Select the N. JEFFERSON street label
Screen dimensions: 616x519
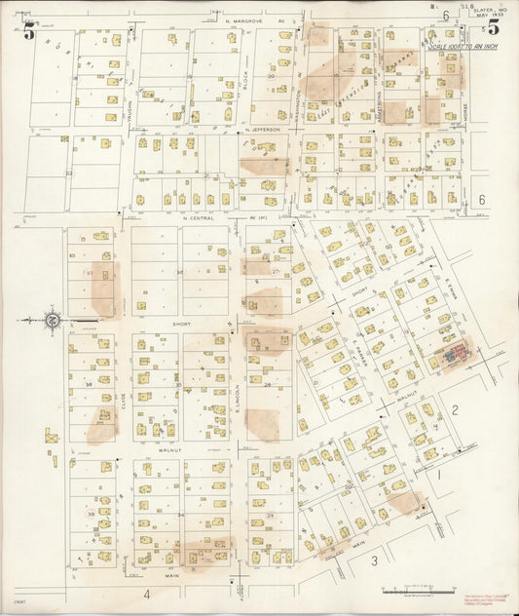tap(263, 129)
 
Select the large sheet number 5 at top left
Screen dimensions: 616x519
tap(30, 33)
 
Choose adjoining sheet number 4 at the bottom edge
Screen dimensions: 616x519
tap(147, 593)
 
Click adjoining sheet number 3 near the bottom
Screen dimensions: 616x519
tap(373, 560)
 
